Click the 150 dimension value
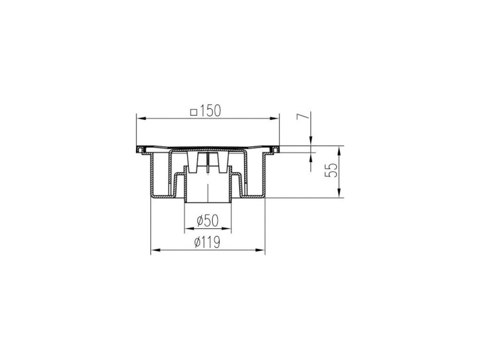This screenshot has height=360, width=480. [210, 111]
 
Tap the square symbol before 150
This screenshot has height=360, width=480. [194, 113]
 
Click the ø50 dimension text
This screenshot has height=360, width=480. [207, 220]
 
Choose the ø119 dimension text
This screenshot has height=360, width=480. [207, 243]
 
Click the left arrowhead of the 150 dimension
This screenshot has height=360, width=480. [140, 118]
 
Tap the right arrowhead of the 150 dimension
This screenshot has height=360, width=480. [275, 118]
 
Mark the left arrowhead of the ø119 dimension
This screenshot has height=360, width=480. [156, 251]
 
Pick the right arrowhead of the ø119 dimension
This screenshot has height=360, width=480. [260, 251]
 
